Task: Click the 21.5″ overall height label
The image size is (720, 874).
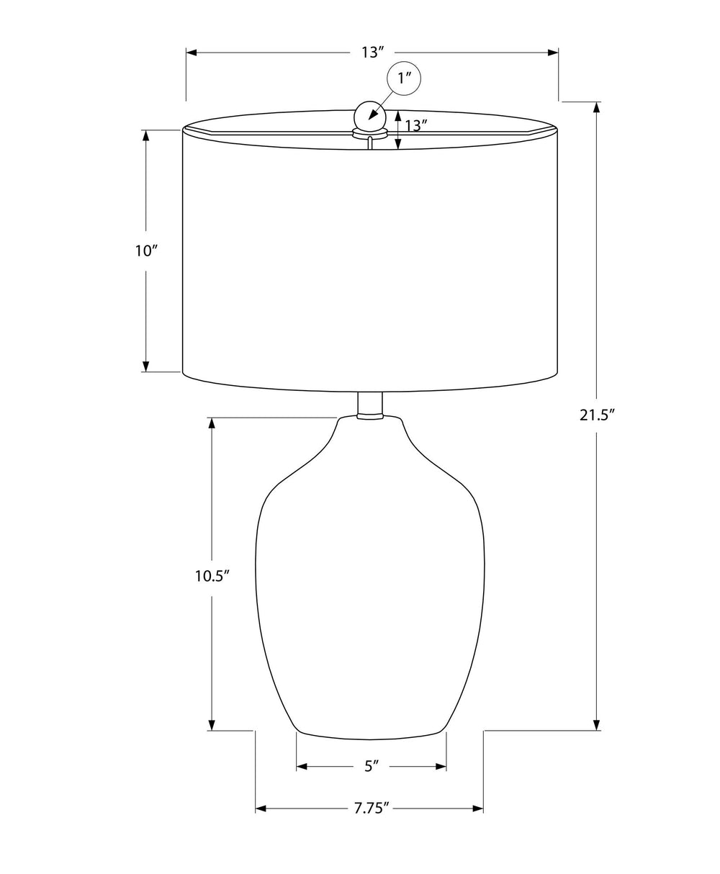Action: (x=597, y=415)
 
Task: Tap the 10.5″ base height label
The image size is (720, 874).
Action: (x=212, y=576)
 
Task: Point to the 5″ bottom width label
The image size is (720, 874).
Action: (x=372, y=766)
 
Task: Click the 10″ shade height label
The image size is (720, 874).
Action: (x=146, y=251)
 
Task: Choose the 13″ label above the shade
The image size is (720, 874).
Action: (x=372, y=53)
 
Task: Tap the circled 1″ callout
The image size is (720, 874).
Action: (x=403, y=78)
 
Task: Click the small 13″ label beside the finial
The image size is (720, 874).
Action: (x=415, y=125)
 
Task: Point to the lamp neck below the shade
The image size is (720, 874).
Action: (x=370, y=405)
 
